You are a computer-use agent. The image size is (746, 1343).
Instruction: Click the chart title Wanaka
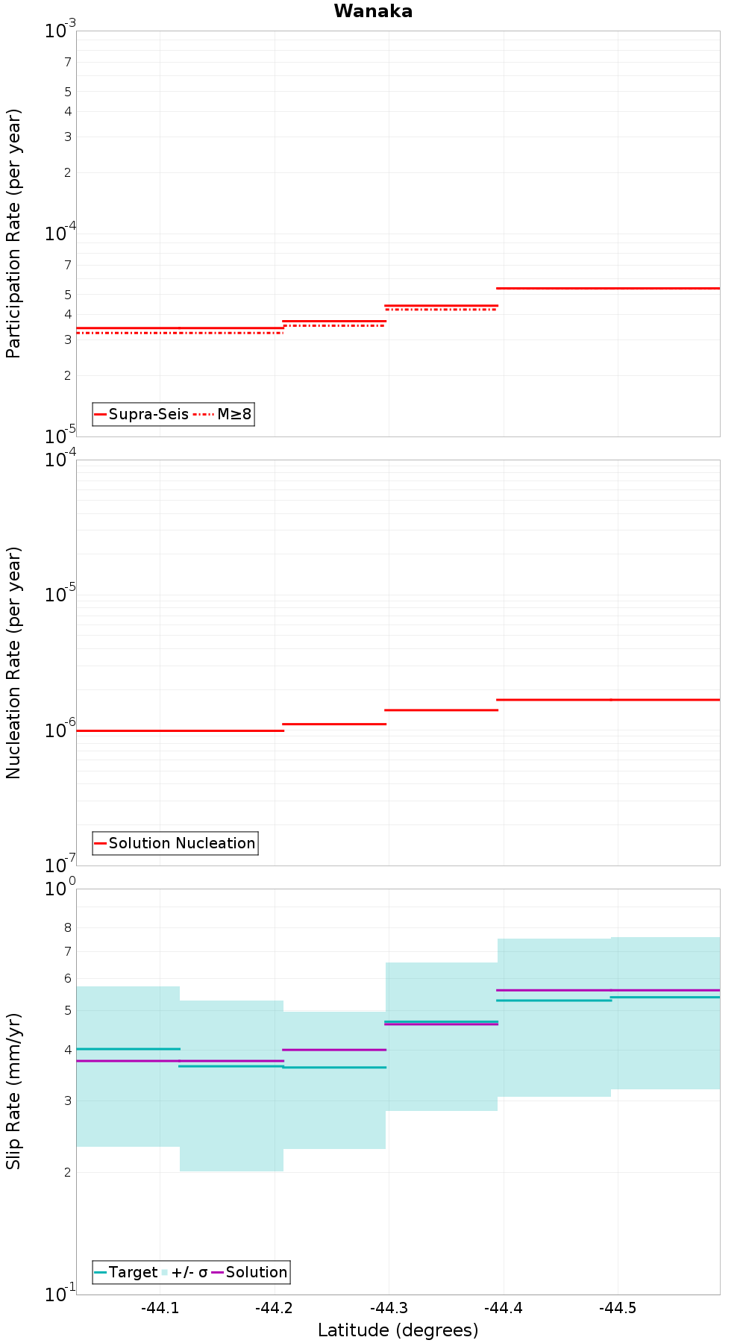coord(373,11)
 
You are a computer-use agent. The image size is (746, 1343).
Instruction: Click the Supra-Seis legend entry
coord(141,414)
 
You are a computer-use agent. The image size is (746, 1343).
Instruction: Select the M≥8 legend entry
coord(223,414)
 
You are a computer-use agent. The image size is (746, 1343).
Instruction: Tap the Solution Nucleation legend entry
coord(175,843)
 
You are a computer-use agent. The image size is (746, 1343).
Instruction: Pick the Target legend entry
coord(125,1272)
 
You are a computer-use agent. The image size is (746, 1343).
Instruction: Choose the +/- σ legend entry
coord(184,1272)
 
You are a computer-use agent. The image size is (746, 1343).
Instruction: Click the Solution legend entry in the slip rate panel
coord(249,1272)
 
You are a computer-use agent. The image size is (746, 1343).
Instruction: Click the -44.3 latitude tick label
coord(389,1307)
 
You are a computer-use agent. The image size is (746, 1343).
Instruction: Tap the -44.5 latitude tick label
coord(618,1307)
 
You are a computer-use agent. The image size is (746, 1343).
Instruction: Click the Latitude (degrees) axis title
coord(398,1330)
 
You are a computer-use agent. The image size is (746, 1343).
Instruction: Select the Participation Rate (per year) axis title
coord(13,234)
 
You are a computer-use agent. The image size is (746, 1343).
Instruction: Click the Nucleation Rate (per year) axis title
coord(13,663)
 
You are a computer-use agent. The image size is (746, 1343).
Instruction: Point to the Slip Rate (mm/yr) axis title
coord(13,1092)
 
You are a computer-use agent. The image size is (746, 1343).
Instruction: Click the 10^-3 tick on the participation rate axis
coord(60,30)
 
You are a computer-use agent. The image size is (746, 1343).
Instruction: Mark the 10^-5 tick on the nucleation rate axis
coord(60,594)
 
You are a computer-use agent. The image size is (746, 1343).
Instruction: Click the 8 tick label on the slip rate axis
coord(68,928)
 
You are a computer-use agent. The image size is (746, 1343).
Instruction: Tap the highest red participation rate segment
coord(608,288)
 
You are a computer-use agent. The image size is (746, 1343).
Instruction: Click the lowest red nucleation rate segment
coord(180,730)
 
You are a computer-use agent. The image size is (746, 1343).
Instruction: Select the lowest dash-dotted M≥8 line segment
coord(180,333)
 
